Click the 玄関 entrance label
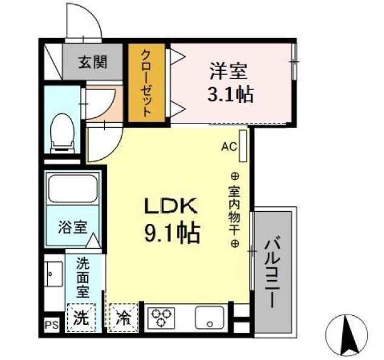click(x=93, y=61)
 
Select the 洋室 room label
click(x=228, y=72)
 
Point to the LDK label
click(x=170, y=206)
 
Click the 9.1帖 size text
click(x=171, y=232)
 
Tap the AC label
click(x=228, y=146)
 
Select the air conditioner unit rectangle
click(x=243, y=147)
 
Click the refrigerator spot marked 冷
click(x=122, y=317)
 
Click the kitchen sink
click(x=210, y=317)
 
